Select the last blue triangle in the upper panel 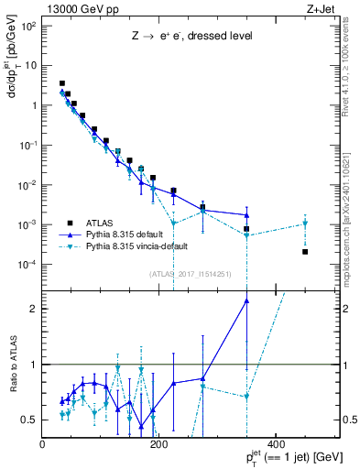[x=246, y=215]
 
